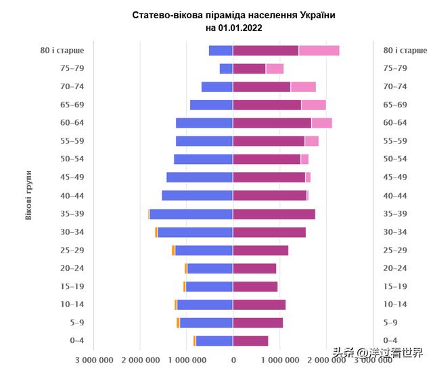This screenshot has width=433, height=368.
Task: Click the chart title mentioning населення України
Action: tap(233, 15)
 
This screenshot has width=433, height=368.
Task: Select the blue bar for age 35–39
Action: tap(191, 214)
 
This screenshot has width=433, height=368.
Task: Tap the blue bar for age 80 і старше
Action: tap(221, 51)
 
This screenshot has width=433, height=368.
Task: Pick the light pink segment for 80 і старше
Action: tap(319, 51)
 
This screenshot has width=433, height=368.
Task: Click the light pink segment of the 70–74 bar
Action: tap(303, 86)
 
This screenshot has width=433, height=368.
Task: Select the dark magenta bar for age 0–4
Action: tap(250, 341)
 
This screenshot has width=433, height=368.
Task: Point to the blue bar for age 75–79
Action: tap(226, 68)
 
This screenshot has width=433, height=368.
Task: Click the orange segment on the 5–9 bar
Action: tap(178, 323)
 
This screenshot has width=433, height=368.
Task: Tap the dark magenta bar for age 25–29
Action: tap(260, 251)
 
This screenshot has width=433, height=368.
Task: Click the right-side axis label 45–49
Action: tap(395, 177)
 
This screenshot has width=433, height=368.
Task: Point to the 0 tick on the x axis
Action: tap(233, 359)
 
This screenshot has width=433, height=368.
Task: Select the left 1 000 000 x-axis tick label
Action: tap(187, 359)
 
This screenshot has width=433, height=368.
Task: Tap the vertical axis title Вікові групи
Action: tap(28, 196)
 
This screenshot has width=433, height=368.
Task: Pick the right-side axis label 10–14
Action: tap(395, 305)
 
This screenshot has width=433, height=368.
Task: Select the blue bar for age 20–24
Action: tap(210, 269)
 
